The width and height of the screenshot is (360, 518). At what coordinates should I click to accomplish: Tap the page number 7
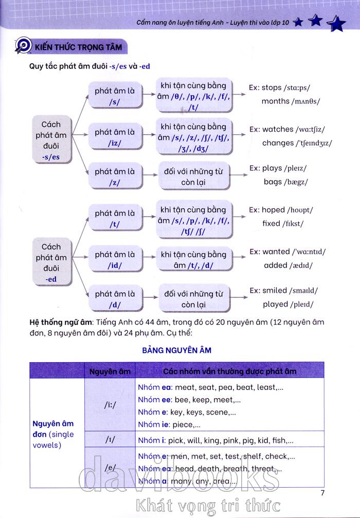coord(322,493)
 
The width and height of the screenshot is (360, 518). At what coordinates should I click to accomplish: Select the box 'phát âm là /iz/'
coord(115,137)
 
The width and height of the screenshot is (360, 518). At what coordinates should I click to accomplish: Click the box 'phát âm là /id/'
coord(115,260)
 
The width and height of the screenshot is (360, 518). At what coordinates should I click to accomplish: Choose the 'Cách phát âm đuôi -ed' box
coord(51,263)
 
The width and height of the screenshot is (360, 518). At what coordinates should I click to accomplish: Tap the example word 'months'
coord(275,101)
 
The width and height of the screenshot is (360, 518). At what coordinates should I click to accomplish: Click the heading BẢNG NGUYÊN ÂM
coord(176,350)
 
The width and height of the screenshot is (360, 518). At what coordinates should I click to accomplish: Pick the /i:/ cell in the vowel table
coord(110,405)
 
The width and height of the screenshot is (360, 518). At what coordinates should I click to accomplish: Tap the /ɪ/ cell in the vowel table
coord(110,440)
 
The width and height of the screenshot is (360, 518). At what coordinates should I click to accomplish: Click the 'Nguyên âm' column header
coord(110,371)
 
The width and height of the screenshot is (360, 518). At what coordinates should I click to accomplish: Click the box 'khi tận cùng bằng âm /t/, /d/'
coord(193,260)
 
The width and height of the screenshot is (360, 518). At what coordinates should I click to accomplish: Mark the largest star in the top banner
coord(336,23)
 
